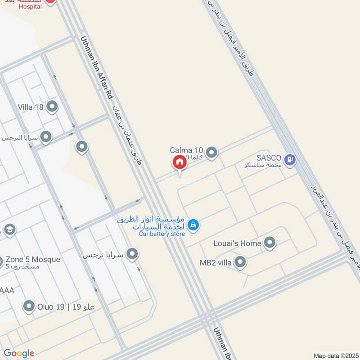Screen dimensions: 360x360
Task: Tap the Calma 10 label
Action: coord(187,150)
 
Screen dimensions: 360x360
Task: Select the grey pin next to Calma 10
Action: coord(211,153)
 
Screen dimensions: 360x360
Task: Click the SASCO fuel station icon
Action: coord(290,159)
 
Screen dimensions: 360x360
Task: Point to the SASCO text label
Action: coord(269,158)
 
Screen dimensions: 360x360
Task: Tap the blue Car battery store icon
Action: coord(193,225)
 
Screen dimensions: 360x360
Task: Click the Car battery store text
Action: coord(162,234)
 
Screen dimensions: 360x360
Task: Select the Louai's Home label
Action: coord(237,243)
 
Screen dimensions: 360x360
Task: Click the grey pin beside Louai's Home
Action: coord(270,243)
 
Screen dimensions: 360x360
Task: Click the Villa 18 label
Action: coord(31,107)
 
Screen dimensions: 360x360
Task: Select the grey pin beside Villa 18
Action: coord(52,107)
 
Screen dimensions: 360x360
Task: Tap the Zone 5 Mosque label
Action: coord(32,260)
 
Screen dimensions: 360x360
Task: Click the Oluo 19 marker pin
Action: coord(29,306)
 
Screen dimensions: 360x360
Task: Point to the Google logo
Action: coord(18,353)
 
